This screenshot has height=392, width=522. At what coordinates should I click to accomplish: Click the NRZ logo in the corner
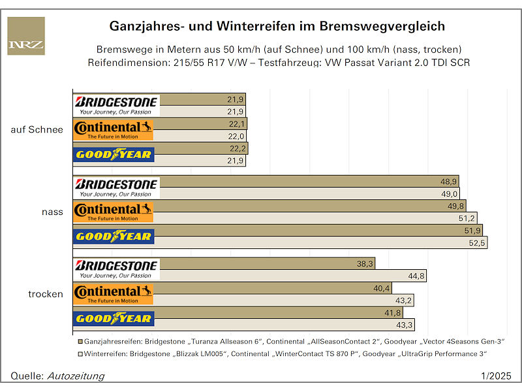(26, 36)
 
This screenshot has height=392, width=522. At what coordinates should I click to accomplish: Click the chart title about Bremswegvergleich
(277, 26)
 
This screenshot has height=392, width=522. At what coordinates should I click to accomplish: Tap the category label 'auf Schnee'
(37, 129)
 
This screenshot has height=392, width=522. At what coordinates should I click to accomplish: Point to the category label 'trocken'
(46, 294)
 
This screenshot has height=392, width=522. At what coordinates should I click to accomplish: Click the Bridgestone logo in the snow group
(116, 105)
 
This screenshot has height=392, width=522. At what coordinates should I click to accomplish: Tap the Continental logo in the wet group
(114, 212)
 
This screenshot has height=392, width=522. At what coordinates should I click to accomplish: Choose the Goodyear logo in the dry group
(114, 319)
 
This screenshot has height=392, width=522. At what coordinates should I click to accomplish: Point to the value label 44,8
(416, 276)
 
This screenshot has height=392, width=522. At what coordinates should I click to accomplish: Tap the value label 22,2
(236, 148)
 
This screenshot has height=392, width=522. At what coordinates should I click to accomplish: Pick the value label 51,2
(468, 218)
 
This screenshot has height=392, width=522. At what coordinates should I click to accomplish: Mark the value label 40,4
(382, 288)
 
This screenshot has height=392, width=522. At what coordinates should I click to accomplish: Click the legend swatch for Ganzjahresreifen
(80, 342)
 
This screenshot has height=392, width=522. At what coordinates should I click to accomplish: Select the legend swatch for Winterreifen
(80, 353)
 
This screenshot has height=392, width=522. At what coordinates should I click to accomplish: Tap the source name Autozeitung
(76, 376)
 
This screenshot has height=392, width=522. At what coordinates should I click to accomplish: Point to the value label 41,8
(393, 313)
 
